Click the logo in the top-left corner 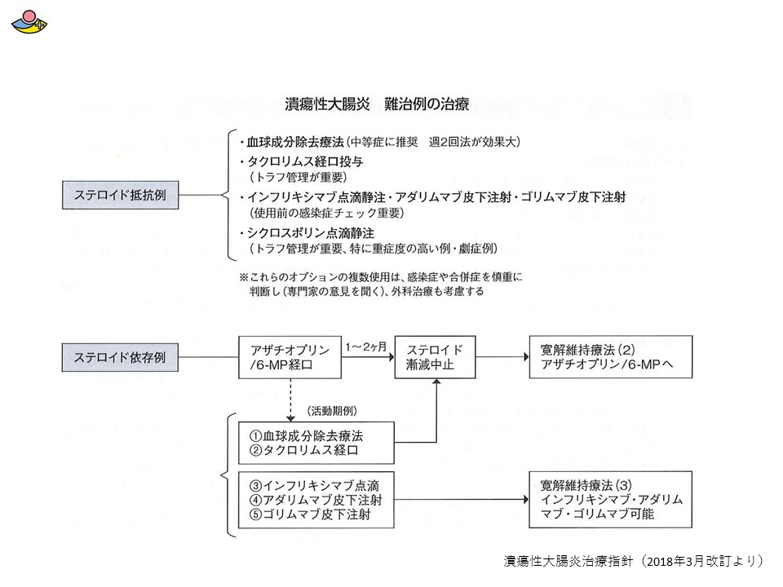click(x=29, y=22)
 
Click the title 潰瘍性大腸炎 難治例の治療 click(x=377, y=104)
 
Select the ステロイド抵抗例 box click(x=121, y=195)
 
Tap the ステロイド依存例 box click(x=121, y=357)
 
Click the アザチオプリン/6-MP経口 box click(x=290, y=357)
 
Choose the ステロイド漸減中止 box click(x=435, y=357)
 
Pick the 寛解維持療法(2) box click(x=611, y=357)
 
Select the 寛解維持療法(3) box click(x=611, y=499)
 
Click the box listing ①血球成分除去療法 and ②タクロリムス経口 click(x=316, y=443)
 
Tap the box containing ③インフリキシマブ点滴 click(x=316, y=500)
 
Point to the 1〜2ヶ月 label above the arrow click(x=366, y=346)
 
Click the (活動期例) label click(x=333, y=411)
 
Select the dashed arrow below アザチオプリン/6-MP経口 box click(x=290, y=399)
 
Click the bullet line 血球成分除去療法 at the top click(x=379, y=142)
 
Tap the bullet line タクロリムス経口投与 click(x=301, y=161)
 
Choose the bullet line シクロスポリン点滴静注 click(x=307, y=233)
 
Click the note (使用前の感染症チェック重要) click(x=326, y=213)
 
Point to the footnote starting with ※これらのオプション click(x=381, y=284)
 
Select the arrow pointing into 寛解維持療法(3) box click(x=462, y=499)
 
